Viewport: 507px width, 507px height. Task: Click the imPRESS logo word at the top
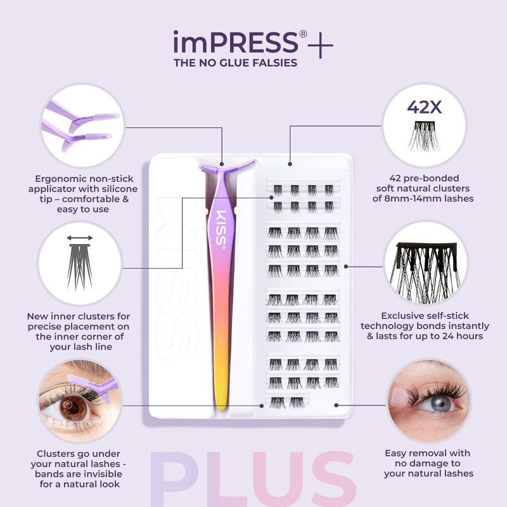(x=235, y=43)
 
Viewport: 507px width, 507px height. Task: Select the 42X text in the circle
(x=424, y=108)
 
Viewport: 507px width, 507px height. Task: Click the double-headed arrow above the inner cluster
(x=80, y=238)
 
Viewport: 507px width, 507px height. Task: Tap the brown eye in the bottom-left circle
(x=74, y=408)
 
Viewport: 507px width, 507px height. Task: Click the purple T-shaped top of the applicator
(x=226, y=167)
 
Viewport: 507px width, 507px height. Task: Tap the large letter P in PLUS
(x=170, y=481)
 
